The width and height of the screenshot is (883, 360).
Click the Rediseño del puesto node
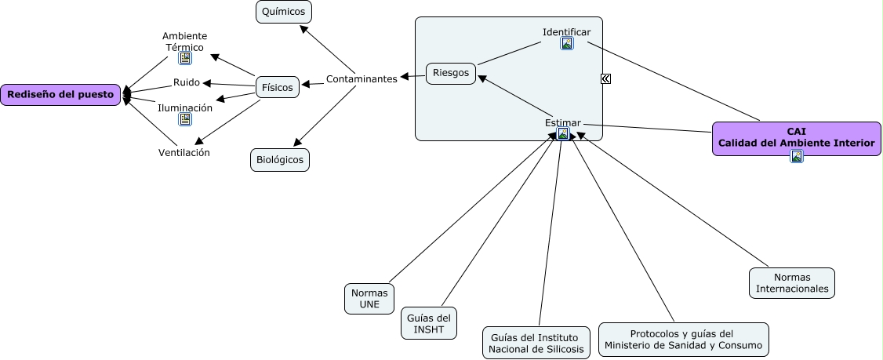click(60, 95)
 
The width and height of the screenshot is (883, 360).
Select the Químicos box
click(284, 12)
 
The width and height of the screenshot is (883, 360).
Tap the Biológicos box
click(280, 160)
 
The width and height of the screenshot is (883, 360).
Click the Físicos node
click(278, 87)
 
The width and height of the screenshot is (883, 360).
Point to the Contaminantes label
click(362, 78)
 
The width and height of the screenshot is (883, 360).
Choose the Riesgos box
click(450, 74)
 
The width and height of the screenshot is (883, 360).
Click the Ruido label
click(187, 82)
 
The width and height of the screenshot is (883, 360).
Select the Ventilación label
click(184, 153)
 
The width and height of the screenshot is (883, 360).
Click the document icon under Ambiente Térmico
click(185, 59)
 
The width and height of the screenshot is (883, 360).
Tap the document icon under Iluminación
click(185, 119)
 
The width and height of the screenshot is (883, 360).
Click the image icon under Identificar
click(567, 44)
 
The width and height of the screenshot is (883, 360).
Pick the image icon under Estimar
click(563, 134)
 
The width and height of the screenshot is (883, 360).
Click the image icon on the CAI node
click(797, 156)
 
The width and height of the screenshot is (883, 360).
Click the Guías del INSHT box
click(428, 323)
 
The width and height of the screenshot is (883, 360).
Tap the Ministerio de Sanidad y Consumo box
click(683, 340)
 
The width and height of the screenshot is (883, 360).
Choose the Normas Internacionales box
click(791, 283)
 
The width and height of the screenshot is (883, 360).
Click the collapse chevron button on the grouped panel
click(606, 78)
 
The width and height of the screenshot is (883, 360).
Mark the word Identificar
click(566, 32)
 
